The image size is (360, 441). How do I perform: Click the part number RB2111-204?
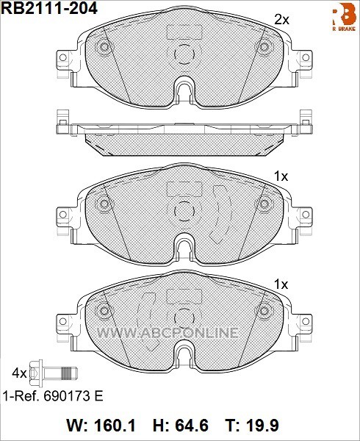(50, 8)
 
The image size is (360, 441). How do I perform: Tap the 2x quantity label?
(281, 20)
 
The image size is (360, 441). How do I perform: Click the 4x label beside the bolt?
(19, 373)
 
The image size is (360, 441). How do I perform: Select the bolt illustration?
(53, 373)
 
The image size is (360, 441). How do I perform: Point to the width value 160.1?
(115, 425)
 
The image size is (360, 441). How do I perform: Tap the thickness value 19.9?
(262, 425)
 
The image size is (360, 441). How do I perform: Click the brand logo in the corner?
(345, 17)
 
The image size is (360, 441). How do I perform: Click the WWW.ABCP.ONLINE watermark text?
(168, 333)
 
